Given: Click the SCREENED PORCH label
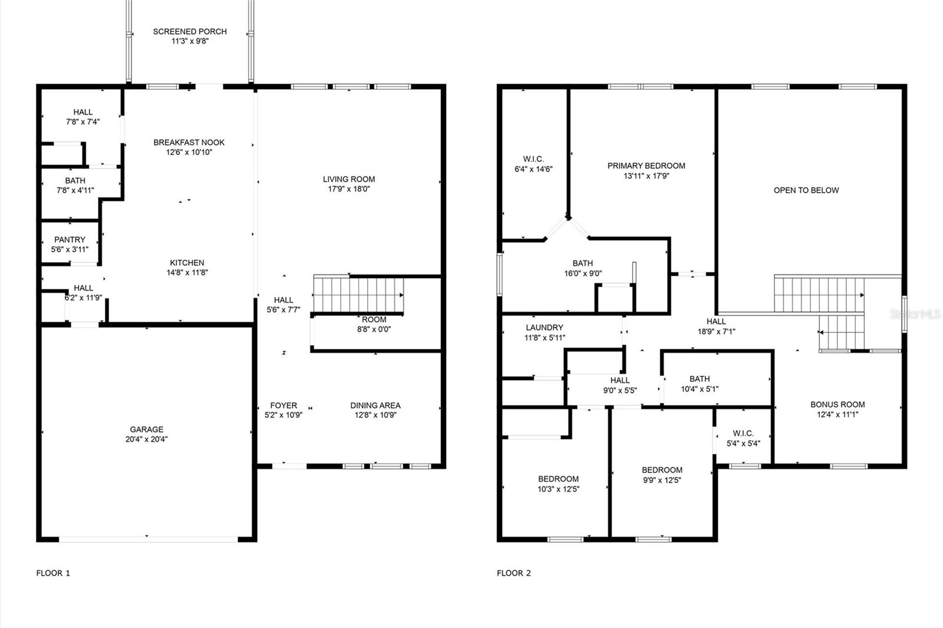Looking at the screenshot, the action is coord(190,32).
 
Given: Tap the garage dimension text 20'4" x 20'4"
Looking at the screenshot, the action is coord(147,439).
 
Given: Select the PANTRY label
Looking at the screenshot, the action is coord(70,240).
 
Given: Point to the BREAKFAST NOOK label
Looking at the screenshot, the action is coord(189,142).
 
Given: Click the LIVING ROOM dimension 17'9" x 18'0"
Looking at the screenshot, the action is coord(349,189).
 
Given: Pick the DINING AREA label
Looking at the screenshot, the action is coord(375,405).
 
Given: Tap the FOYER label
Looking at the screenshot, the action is coord(283,405).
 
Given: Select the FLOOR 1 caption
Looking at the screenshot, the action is coord(53,573).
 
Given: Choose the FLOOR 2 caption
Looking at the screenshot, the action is coord(513,573).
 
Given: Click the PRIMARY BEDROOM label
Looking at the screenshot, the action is coord(646,166).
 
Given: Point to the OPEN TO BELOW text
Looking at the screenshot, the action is coord(806,190).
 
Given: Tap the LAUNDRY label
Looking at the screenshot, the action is coord(545,328).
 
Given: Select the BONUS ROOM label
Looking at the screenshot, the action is coord(838,405).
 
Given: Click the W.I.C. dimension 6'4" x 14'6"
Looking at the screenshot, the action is coord(533,169).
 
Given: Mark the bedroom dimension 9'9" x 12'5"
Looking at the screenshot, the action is coord(662,480).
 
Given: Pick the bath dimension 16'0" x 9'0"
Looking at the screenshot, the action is coord(583,273).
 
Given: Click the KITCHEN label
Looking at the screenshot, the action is coord(187,263).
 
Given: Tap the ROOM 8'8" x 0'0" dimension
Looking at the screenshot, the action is coord(374,329).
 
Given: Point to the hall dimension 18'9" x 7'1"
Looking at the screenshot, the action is coord(717,331).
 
